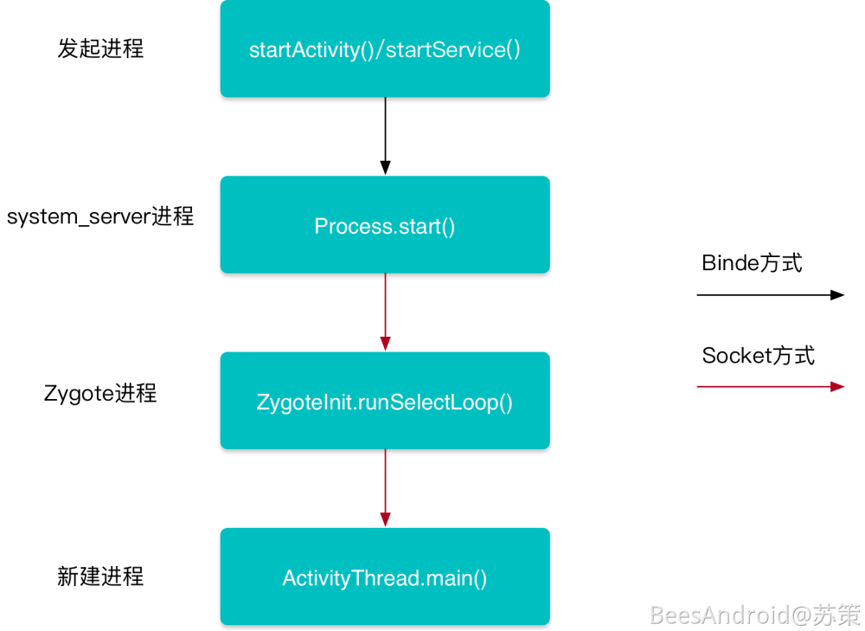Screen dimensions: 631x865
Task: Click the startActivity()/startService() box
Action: click(385, 49)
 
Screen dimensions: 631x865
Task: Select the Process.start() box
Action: click(385, 226)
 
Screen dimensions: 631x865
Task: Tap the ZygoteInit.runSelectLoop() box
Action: click(385, 402)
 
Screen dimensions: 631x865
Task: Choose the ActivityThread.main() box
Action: click(385, 577)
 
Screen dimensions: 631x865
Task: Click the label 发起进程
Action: click(100, 48)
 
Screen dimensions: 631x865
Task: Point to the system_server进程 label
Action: click(100, 216)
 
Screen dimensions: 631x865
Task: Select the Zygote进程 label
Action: click(100, 393)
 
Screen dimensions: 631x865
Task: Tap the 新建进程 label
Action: click(100, 576)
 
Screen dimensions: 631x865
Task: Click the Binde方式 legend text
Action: click(752, 263)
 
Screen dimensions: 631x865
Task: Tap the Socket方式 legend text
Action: click(758, 355)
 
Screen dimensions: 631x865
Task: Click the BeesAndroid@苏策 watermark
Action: click(754, 615)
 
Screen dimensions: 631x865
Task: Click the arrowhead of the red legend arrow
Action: click(837, 387)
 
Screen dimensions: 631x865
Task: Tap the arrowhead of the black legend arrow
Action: click(837, 295)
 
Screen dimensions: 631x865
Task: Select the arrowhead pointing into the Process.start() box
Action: click(385, 168)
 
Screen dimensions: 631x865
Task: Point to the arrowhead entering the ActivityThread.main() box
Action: click(385, 519)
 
